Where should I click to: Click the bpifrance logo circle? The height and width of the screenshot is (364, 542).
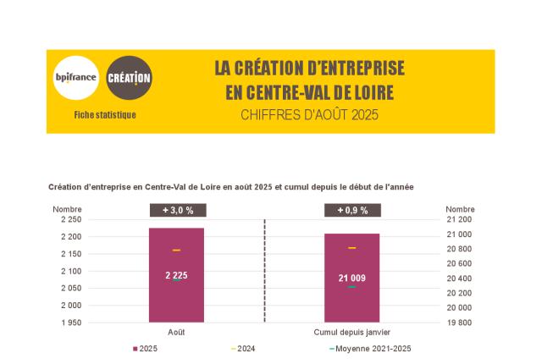click(x=75, y=78)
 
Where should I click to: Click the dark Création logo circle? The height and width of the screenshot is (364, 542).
click(x=130, y=78)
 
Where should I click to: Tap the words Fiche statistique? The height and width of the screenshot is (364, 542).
click(x=105, y=114)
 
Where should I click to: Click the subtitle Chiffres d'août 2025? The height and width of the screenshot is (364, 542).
click(x=308, y=114)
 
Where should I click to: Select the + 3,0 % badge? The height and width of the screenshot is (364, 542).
click(x=176, y=210)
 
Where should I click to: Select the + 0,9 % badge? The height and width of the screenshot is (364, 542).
click(x=351, y=210)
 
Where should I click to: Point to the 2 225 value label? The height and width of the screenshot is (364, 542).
click(x=176, y=275)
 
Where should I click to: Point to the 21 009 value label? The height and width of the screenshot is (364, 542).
click(x=351, y=278)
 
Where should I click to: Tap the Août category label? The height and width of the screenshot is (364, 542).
click(x=176, y=333)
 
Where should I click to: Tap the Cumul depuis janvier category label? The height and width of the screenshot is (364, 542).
click(x=351, y=333)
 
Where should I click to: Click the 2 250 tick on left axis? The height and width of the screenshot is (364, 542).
click(x=69, y=219)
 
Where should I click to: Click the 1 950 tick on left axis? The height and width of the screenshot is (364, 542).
click(x=69, y=323)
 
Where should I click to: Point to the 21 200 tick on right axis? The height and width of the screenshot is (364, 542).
click(x=459, y=219)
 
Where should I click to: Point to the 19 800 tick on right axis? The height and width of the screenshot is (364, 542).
click(x=459, y=323)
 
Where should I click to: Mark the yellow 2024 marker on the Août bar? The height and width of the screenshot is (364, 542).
click(x=176, y=251)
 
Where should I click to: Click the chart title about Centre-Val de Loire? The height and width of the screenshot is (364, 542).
click(x=230, y=185)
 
